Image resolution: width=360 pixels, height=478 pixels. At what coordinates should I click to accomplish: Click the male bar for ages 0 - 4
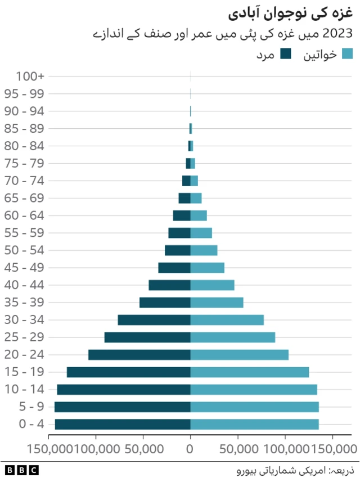[123, 424]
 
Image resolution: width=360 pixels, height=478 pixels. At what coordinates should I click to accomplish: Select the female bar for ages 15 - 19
[250, 372]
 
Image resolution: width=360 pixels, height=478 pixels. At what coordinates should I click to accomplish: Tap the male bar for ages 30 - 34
[154, 319]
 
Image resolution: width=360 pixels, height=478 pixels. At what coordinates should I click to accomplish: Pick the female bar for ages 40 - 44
[212, 285]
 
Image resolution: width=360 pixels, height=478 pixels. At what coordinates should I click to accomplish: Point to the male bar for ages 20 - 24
[139, 354]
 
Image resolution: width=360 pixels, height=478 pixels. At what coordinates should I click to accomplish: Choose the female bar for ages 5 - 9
[254, 407]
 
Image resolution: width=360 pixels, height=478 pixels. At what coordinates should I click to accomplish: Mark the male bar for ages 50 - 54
[178, 250]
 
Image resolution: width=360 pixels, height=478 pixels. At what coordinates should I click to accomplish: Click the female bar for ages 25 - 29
[233, 337]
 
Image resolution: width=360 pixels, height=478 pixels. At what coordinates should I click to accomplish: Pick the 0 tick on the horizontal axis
[190, 448]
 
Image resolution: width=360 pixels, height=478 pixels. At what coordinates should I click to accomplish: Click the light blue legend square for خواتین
[347, 54]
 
